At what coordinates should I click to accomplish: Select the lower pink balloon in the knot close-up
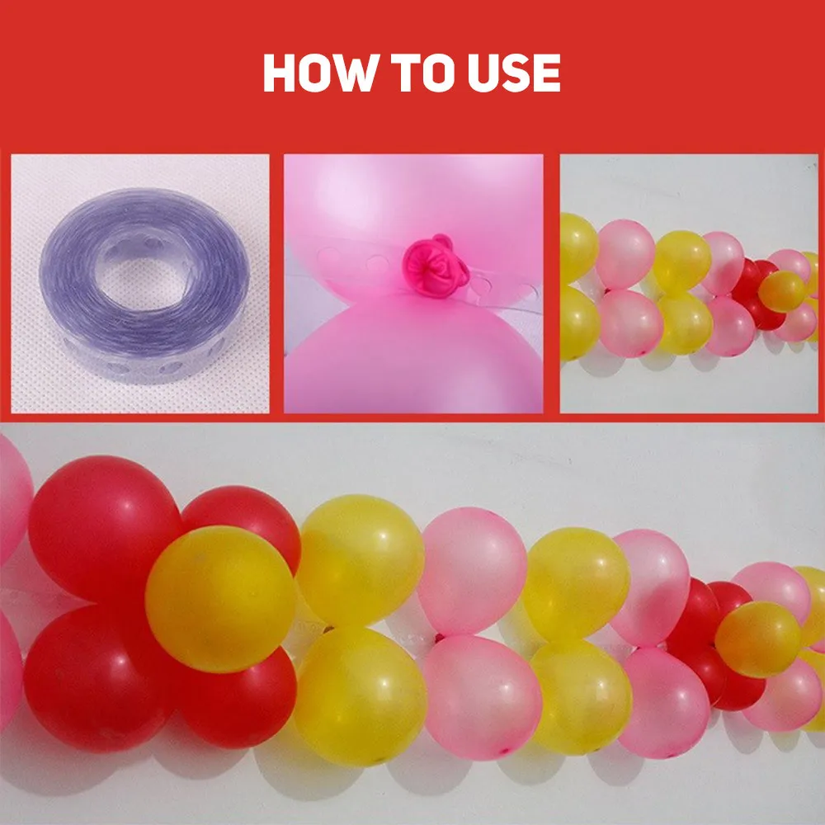click(x=412, y=355)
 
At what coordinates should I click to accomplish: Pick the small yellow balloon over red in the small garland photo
click(x=782, y=290)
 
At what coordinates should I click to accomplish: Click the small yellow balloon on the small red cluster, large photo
click(x=757, y=639)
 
